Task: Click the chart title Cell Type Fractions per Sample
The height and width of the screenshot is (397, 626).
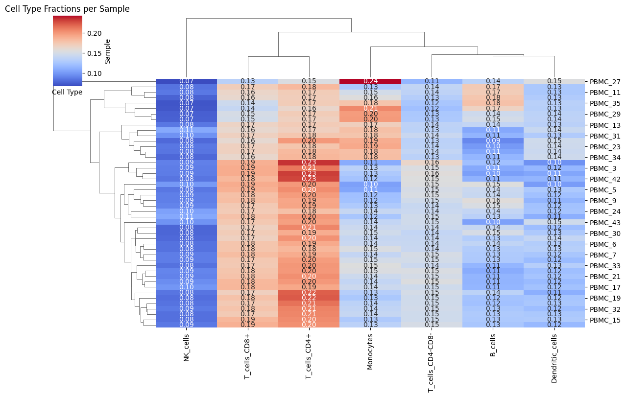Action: pos(67,9)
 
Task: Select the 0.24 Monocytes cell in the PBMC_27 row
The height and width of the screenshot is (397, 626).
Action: pos(370,81)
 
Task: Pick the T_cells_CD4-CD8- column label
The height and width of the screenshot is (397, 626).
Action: pos(431,364)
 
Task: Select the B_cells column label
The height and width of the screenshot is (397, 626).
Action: pos(493,346)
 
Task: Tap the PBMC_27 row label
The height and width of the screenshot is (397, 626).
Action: pos(605,82)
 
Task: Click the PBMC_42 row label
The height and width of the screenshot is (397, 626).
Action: pos(605,179)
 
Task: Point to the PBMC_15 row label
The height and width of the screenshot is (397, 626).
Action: pos(605,320)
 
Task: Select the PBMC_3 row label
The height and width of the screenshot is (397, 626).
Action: pos(603,168)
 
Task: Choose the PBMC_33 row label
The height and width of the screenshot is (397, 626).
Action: pos(605,266)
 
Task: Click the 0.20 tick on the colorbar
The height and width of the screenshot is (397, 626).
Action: pos(95,33)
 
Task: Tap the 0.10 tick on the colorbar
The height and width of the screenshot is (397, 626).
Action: pos(95,73)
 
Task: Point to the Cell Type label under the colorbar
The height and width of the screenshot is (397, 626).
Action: pos(67,92)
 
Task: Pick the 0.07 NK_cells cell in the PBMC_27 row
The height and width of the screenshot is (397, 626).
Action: pos(186,81)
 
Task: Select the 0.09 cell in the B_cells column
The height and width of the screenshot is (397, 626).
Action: pos(493,141)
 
